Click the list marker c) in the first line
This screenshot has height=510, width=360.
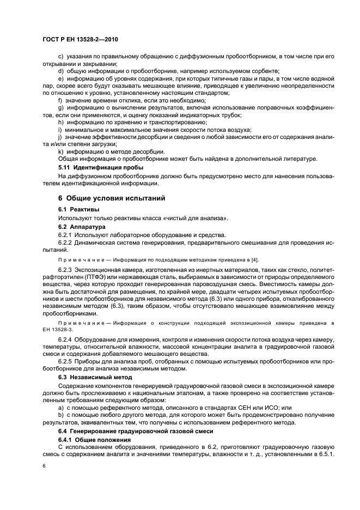pos(60,57)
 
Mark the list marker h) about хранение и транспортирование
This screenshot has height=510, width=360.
pos(60,123)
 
